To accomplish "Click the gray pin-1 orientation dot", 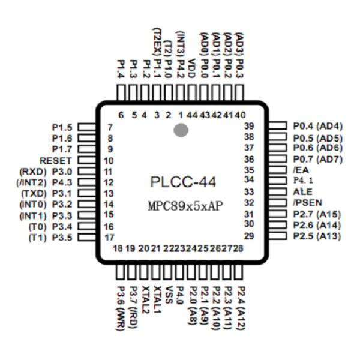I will click(181, 130).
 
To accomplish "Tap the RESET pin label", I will click(55, 161).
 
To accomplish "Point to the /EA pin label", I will click(298, 170).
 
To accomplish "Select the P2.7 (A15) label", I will click(317, 214).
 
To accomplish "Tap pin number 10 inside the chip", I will click(109, 161).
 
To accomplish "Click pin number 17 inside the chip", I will click(109, 237).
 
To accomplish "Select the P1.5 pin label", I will click(62, 127).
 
